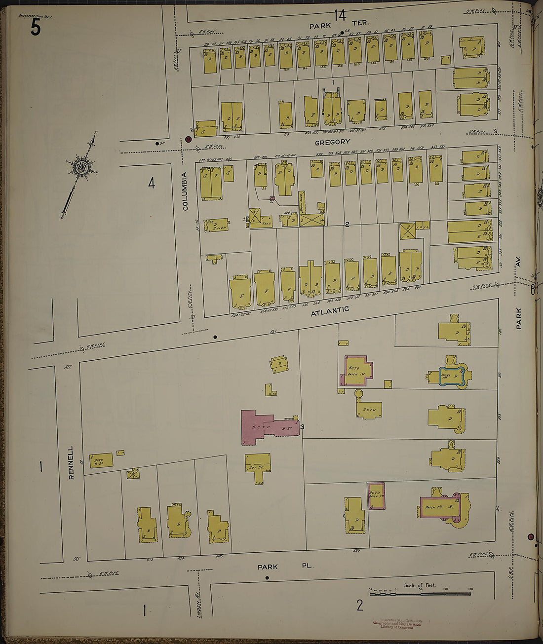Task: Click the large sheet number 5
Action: click(35, 27)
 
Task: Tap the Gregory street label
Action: click(337, 142)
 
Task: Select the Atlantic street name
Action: click(330, 311)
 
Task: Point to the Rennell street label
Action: click(71, 463)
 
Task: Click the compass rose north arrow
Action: click(80, 167)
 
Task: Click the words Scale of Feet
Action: click(420, 585)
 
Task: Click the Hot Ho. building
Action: click(258, 467)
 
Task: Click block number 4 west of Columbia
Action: click(152, 184)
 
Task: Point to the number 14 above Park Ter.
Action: click(339, 15)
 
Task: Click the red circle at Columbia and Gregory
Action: click(188, 139)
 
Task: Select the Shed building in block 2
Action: click(262, 221)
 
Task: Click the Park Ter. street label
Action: click(339, 24)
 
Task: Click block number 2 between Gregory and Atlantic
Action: click(347, 225)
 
